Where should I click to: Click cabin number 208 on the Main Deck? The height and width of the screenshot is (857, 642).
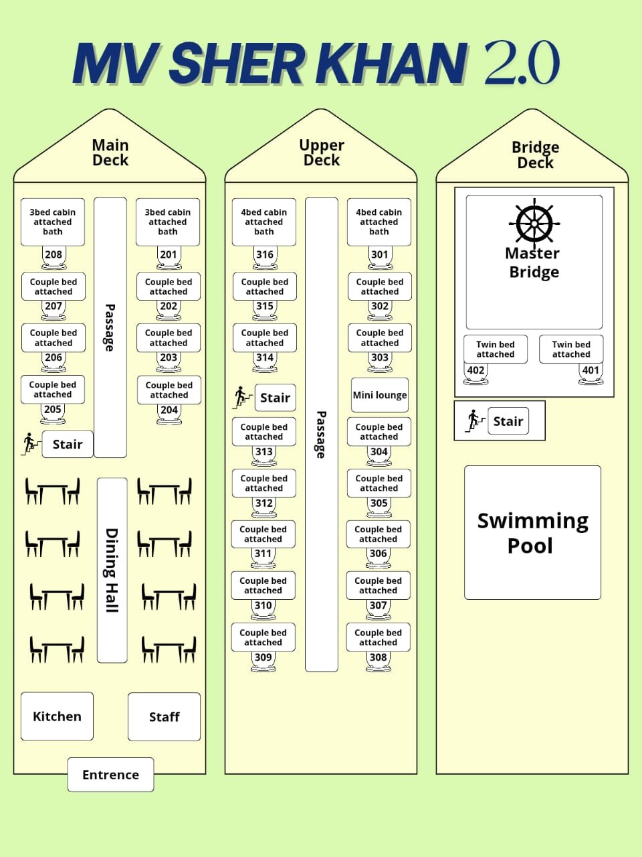tap(53, 254)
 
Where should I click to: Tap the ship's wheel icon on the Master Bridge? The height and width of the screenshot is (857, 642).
tap(534, 222)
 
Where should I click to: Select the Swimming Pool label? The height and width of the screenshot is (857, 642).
tap(532, 533)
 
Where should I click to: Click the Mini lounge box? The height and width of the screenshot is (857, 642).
tap(380, 395)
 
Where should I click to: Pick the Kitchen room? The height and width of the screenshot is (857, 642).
tap(57, 716)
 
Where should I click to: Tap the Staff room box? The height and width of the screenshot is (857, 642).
tap(164, 717)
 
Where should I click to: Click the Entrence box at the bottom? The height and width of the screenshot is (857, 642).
tap(110, 775)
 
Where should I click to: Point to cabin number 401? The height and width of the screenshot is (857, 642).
tap(591, 370)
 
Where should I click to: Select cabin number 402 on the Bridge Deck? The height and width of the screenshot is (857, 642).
tap(475, 370)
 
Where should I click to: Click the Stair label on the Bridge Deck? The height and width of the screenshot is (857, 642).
tap(508, 421)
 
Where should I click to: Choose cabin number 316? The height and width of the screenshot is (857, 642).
tap(265, 254)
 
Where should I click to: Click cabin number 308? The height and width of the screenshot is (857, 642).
tap(378, 657)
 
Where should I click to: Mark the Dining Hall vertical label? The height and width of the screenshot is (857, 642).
tap(112, 570)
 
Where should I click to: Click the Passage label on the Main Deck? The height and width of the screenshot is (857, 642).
tap(110, 327)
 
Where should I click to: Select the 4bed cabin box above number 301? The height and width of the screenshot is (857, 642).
tap(379, 222)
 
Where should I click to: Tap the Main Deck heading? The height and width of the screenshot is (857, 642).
tap(110, 153)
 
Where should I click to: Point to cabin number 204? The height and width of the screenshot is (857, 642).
tap(169, 410)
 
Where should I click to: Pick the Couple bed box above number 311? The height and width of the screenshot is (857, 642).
tap(263, 534)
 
